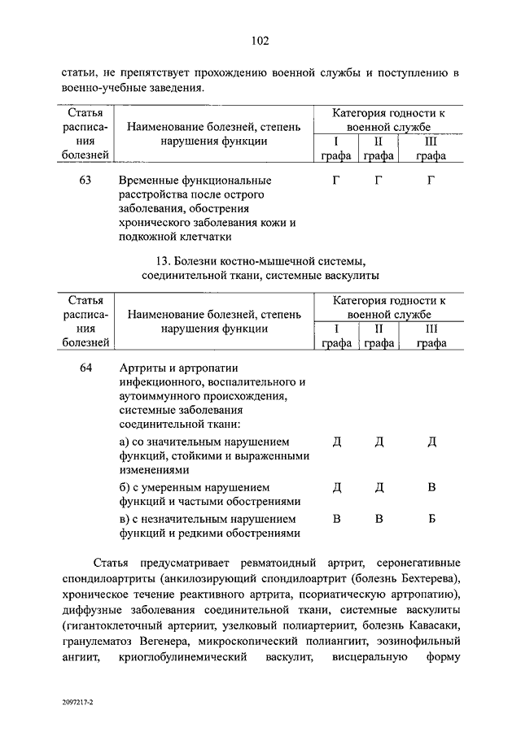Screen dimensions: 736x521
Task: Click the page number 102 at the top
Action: pos(260,41)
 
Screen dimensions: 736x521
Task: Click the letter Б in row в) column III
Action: pos(431,519)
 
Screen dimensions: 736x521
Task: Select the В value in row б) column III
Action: pos(431,487)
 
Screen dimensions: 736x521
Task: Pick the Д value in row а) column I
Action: pos(336,442)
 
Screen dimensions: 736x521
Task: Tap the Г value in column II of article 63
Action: pos(379,180)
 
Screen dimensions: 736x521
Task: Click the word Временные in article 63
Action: pos(149,180)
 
